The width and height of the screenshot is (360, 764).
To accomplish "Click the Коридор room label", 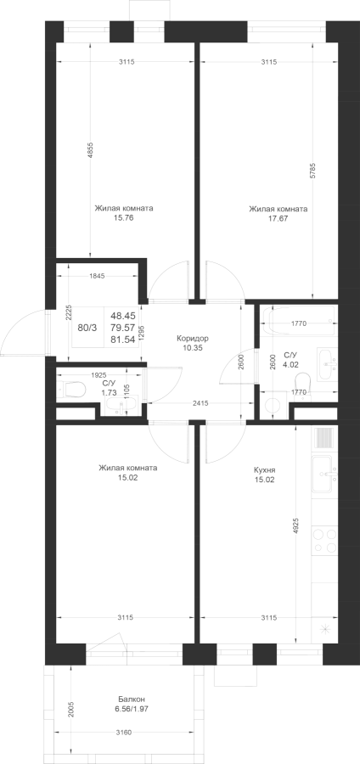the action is tap(193, 338).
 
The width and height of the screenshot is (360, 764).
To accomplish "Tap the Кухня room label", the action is tap(265, 470).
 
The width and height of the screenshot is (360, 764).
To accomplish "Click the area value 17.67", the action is tap(278, 218).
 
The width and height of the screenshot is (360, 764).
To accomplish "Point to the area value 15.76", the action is tap(124, 218).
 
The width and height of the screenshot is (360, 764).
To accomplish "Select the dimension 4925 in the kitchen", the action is tap(296, 526).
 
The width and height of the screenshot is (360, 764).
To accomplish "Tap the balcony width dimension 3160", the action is tap(126, 732).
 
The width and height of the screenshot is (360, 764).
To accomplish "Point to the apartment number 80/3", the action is tap(87, 328).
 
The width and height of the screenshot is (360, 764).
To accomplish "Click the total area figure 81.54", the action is tap(123, 340).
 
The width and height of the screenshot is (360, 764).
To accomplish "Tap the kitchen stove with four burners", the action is tap(324, 541).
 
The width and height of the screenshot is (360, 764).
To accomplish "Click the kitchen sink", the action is tap(324, 474).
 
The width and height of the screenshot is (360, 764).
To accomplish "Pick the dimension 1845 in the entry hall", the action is tap(97, 276).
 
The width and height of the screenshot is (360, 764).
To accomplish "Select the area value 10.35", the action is tap(193, 348).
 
